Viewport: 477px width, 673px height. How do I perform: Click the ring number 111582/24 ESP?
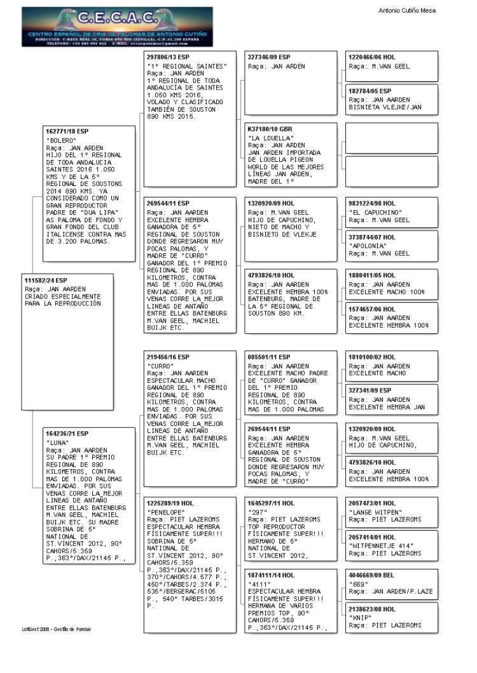(46, 280)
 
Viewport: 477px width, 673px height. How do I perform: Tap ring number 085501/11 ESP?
(269, 357)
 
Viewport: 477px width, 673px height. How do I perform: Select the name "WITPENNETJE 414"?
(380, 545)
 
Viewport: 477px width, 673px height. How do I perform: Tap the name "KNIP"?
(360, 617)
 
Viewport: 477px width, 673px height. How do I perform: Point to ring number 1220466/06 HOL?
(372, 57)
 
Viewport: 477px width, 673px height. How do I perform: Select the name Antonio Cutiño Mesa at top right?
(407, 11)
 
